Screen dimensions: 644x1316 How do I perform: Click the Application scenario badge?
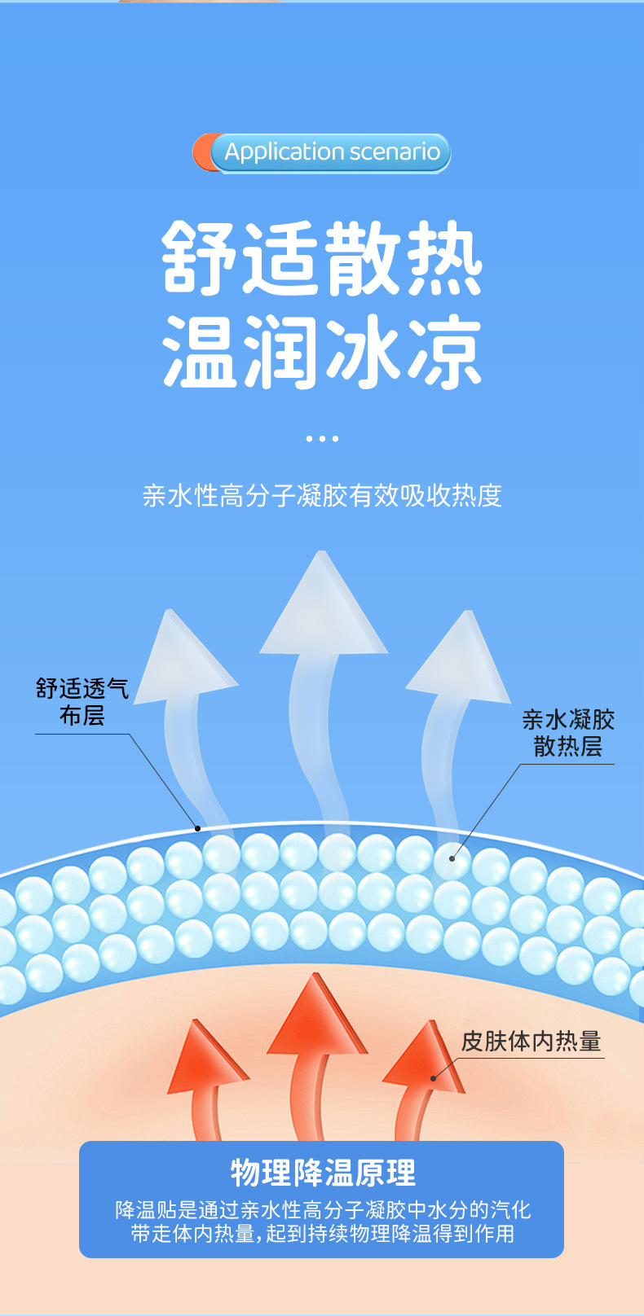coord(330,153)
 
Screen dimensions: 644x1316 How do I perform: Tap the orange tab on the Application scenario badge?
coord(201,153)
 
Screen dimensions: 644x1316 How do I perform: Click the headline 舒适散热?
coord(323,258)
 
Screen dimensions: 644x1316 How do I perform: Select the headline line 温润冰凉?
coord(323,353)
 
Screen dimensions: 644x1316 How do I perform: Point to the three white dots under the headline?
coord(322,438)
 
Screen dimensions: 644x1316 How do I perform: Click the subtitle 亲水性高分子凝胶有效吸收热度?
coord(322,495)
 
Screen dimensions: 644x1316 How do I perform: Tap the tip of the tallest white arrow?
coord(322,555)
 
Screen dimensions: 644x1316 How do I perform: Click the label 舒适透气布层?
coord(82,702)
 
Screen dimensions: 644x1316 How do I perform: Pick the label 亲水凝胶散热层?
coord(568,732)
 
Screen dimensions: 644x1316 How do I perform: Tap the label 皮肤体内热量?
coord(531,1041)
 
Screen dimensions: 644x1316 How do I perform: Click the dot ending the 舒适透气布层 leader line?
coord(197,828)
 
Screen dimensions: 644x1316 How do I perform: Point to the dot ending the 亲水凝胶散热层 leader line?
coord(452,858)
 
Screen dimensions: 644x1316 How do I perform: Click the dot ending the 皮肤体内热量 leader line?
coord(434,1078)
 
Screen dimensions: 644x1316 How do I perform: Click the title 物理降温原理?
coord(323,1173)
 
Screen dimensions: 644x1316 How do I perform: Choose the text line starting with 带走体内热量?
coord(323,1234)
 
